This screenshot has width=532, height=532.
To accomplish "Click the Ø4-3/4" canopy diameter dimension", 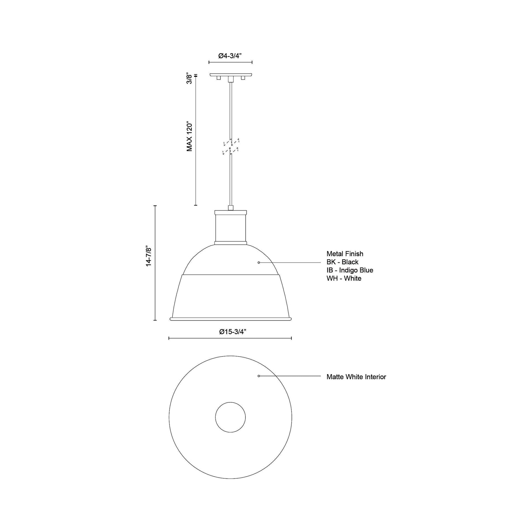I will tap(230, 56).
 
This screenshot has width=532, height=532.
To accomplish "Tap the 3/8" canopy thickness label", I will tap(189, 78).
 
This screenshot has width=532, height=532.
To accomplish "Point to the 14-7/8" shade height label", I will tap(149, 256).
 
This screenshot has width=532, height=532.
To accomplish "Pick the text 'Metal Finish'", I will tap(345, 254).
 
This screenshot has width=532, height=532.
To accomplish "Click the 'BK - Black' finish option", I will tap(342, 262).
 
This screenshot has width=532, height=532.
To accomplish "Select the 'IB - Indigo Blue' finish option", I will tap(350, 270).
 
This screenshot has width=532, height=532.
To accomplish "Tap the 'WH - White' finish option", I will tap(344, 278).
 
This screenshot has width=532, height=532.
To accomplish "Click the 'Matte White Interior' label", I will tap(356, 377).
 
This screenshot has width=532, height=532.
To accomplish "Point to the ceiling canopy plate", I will tap(230, 75).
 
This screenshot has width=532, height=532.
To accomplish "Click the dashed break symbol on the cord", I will tap(230, 146).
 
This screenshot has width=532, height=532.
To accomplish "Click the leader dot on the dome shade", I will tap(259, 262).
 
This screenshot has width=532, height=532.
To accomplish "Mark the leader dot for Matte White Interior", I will tap(259, 376).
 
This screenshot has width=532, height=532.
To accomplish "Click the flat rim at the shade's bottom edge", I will tap(230, 319).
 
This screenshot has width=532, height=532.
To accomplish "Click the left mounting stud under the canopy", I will tap(219, 78).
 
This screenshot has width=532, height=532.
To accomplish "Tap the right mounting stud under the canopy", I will tap(242, 78).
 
